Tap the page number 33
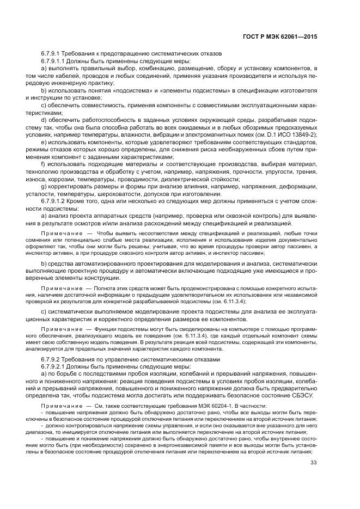[313, 463]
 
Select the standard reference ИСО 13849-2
[296, 134]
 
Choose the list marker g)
[44, 187]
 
